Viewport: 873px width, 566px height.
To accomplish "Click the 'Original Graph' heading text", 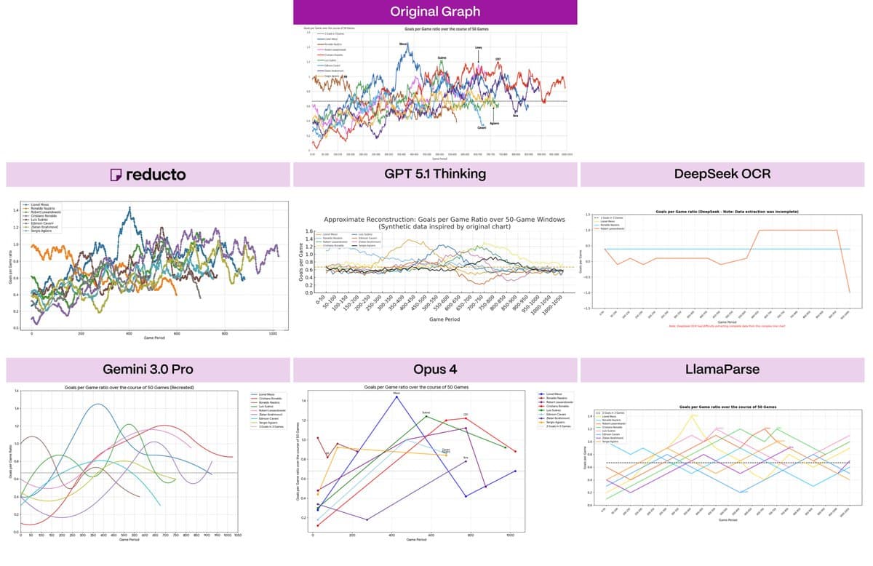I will (434, 12).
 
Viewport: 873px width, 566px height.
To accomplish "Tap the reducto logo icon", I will (115, 175).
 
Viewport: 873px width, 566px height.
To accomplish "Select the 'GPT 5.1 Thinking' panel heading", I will (434, 175).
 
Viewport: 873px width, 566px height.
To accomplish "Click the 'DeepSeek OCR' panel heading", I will (722, 175).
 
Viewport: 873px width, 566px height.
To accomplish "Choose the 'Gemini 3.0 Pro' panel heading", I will (147, 369).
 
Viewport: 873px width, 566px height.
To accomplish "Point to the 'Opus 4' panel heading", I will (434, 369).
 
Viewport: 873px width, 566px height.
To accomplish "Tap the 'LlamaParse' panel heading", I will (722, 369).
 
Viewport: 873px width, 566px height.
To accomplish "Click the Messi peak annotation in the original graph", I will (403, 44).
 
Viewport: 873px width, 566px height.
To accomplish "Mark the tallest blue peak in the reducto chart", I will (129, 208).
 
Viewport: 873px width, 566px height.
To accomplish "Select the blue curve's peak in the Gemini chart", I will (96, 404).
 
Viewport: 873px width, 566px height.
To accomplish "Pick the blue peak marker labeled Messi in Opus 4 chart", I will (396, 397).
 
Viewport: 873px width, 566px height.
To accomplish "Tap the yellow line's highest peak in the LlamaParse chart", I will (693, 415).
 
